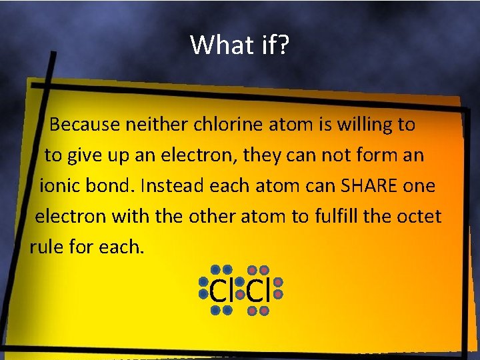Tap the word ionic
(x=59, y=186)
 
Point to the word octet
(x=418, y=217)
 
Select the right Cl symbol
(x=257, y=291)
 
